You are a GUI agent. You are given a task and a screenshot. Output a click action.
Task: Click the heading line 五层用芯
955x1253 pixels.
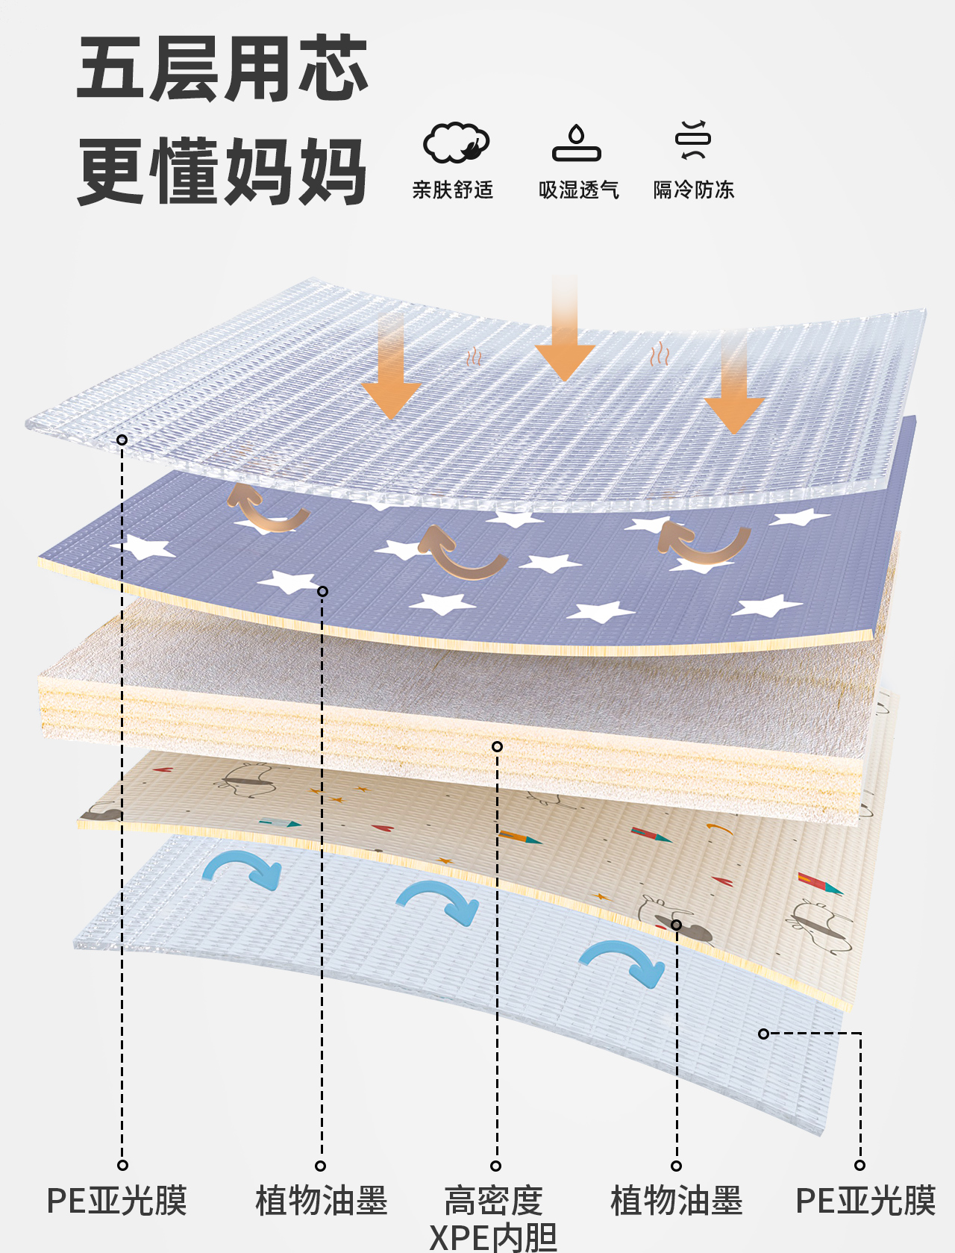pos(222,69)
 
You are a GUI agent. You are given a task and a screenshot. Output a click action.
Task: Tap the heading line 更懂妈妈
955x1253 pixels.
pos(222,171)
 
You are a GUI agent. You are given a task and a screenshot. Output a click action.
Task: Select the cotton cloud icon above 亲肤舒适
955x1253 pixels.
pos(456,143)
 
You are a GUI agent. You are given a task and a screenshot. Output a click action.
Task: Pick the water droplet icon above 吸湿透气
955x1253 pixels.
pos(577,143)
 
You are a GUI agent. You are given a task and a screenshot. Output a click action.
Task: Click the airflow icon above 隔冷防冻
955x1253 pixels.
pos(693,140)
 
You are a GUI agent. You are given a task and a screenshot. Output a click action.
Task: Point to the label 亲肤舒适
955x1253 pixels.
pos(453,190)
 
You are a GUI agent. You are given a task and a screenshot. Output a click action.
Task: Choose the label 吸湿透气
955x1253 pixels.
pos(578,190)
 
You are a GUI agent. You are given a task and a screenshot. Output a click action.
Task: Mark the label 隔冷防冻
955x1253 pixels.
pos(694,190)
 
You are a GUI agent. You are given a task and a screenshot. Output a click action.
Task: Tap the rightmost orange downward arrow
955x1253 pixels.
pos(734,382)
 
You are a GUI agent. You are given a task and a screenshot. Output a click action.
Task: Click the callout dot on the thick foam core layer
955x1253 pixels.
pos(497,747)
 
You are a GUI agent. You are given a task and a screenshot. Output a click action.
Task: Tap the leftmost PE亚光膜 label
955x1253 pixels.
pos(117,1201)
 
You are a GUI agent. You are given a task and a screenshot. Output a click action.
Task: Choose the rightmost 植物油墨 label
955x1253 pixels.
pos(677,1201)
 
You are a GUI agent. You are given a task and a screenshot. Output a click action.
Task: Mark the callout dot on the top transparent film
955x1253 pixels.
pos(122,440)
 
